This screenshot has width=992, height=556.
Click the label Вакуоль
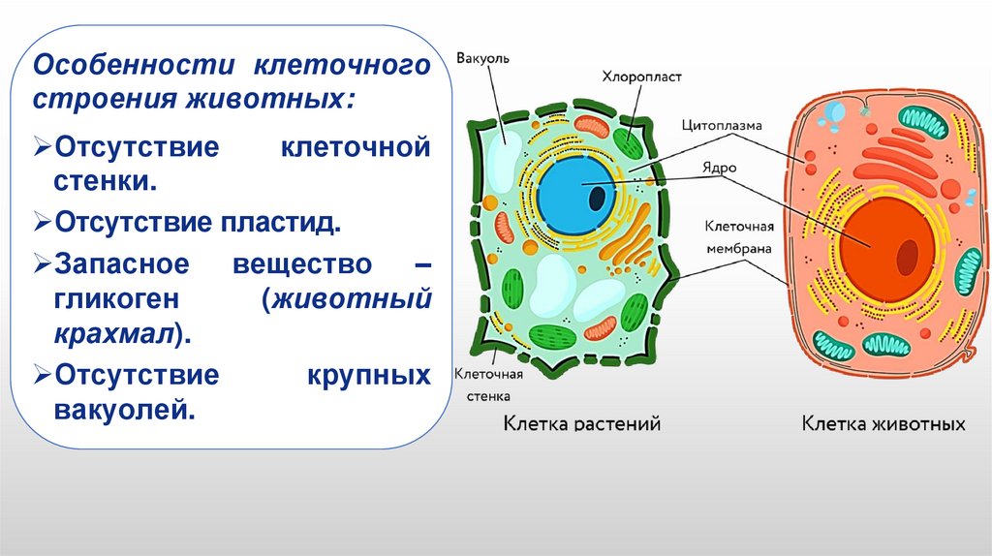click(484, 57)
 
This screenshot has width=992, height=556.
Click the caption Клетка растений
click(581, 423)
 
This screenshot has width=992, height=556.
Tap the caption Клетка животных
click(883, 423)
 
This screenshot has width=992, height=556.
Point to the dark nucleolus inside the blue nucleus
click(599, 199)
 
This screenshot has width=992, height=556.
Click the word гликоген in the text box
click(120, 299)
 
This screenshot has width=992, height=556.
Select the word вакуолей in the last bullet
click(119, 409)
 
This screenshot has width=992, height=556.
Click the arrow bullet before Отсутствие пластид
click(42, 224)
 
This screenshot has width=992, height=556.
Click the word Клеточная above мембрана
click(738, 227)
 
